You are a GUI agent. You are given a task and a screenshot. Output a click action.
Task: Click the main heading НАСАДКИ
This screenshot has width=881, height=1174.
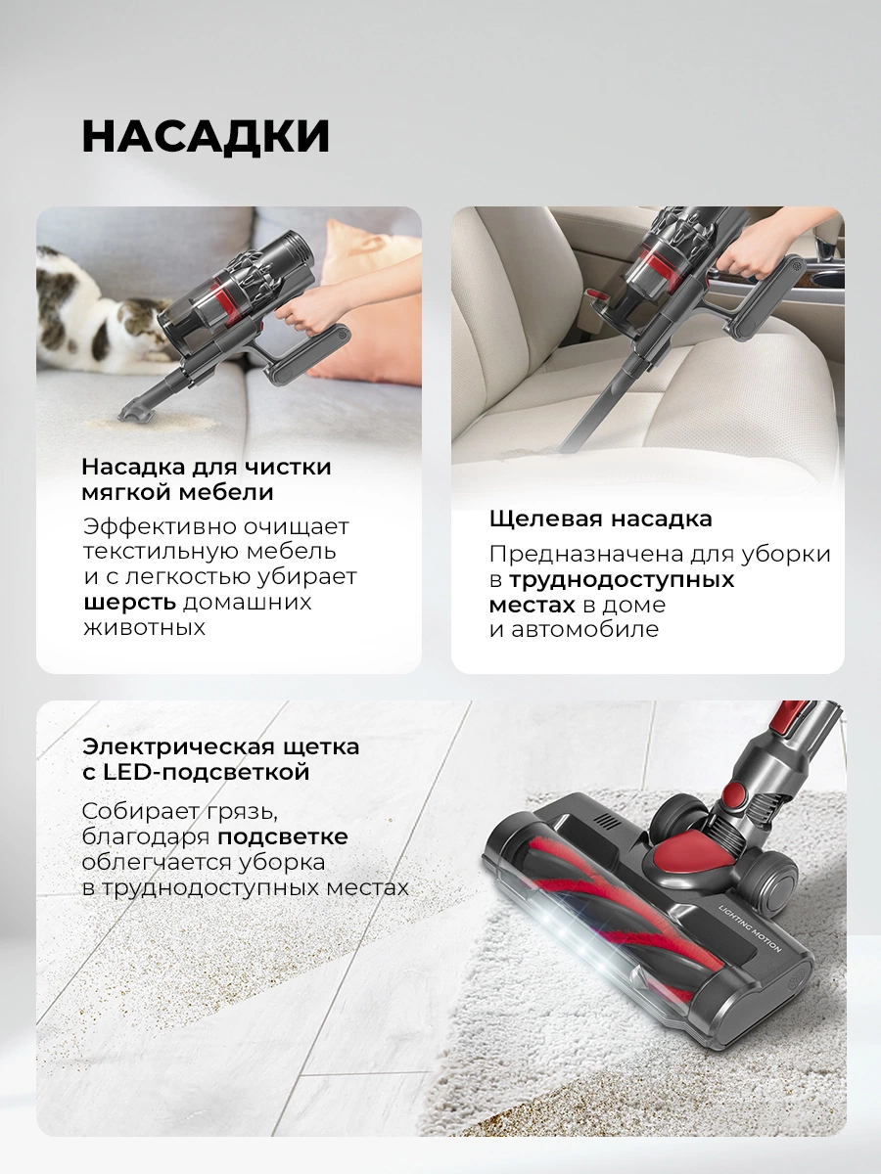(206, 136)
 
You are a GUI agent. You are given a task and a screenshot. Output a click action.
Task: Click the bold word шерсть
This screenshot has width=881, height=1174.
(130, 603)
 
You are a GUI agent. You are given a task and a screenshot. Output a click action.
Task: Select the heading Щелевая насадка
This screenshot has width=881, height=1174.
(600, 519)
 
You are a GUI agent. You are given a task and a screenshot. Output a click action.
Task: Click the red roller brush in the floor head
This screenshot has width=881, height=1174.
(604, 920)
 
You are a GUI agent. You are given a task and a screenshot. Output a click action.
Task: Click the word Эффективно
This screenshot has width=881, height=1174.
(160, 526)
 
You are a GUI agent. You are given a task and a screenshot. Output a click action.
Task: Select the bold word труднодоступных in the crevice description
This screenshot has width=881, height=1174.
(621, 580)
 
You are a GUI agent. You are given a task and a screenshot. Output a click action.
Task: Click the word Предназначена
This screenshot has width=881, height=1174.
(585, 555)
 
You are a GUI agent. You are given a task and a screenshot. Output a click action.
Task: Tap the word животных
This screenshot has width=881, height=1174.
(145, 628)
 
